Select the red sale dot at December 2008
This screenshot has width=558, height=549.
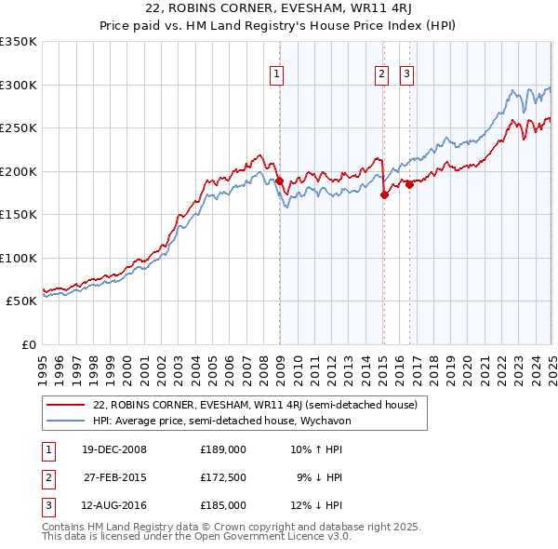[x=279, y=181]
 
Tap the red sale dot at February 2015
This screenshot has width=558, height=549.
[x=384, y=194]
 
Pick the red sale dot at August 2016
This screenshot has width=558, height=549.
[x=409, y=184]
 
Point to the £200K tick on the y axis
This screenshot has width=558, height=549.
[x=19, y=171]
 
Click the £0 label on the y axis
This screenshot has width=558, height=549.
[x=29, y=344]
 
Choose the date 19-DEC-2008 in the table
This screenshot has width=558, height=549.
[x=114, y=449]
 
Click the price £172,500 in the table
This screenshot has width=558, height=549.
[x=223, y=477]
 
